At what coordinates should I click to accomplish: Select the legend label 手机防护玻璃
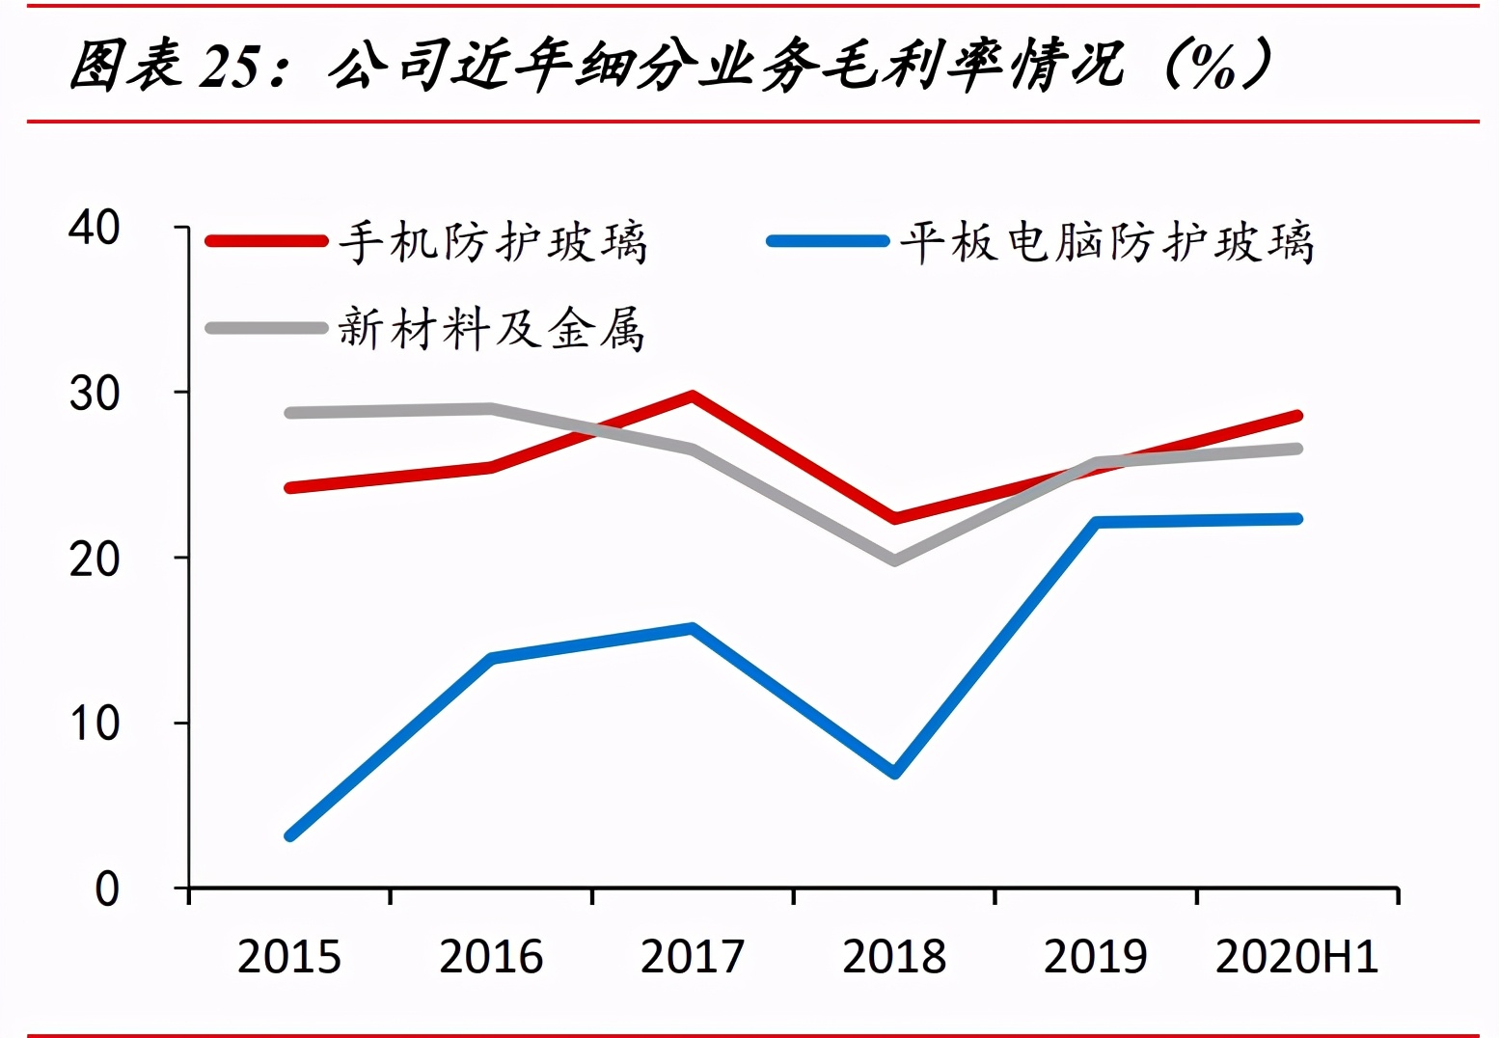pyautogui.click(x=493, y=241)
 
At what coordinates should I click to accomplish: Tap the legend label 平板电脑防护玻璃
pyautogui.click(x=1106, y=241)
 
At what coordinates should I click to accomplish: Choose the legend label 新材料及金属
pyautogui.click(x=491, y=329)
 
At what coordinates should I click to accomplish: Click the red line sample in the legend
pyautogui.click(x=267, y=241)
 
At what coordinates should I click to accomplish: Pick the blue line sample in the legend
pyautogui.click(x=828, y=241)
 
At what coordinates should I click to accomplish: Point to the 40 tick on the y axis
pyautogui.click(x=95, y=228)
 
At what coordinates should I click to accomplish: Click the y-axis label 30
pyautogui.click(x=95, y=393)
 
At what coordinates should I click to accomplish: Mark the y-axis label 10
pyautogui.click(x=95, y=724)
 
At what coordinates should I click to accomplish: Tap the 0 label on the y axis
pyautogui.click(x=106, y=888)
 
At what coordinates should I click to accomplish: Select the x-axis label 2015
pyautogui.click(x=289, y=957)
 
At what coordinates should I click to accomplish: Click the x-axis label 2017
pyautogui.click(x=693, y=957)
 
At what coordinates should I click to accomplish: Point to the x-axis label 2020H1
pyautogui.click(x=1296, y=957)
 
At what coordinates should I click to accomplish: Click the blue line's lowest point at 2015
pyautogui.click(x=290, y=835)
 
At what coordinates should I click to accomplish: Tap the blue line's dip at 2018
pyautogui.click(x=895, y=773)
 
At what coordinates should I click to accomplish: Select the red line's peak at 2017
pyautogui.click(x=693, y=396)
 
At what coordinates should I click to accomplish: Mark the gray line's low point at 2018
pyautogui.click(x=895, y=560)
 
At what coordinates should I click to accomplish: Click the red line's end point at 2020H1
pyautogui.click(x=1297, y=416)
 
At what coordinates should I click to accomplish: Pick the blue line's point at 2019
pyautogui.click(x=1097, y=522)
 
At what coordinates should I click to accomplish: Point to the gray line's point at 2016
pyautogui.click(x=491, y=408)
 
